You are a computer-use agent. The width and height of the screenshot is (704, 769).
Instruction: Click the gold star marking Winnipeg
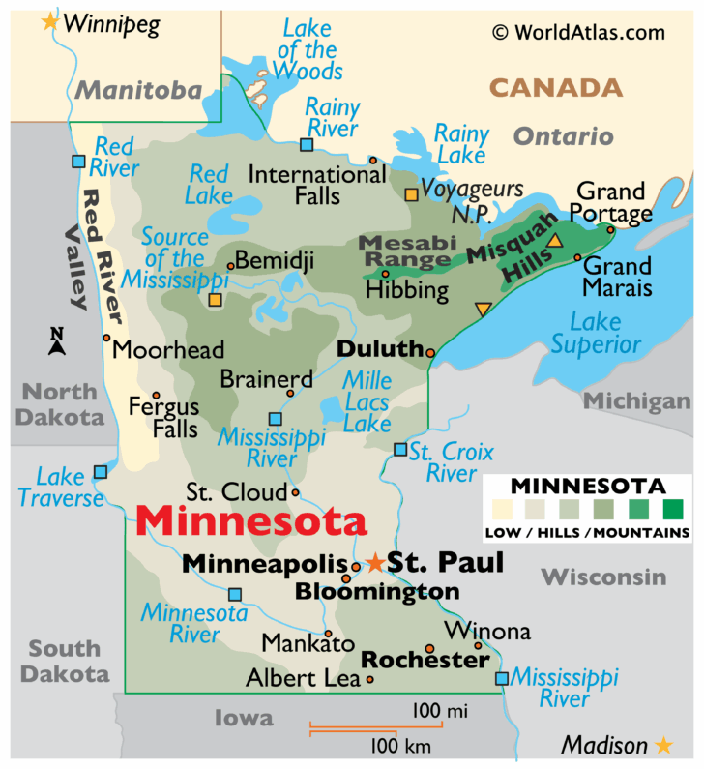50,21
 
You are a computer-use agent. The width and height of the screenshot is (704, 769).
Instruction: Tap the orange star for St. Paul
375,562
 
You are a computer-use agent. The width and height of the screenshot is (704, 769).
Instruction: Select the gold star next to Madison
663,745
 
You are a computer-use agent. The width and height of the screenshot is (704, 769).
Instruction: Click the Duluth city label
380,349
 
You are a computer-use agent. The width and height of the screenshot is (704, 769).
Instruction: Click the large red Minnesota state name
251,521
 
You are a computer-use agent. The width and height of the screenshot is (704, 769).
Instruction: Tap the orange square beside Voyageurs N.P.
411,194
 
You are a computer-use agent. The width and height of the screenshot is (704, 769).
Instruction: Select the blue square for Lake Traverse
100,472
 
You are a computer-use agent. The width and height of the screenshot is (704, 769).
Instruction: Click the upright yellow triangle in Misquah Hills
555,241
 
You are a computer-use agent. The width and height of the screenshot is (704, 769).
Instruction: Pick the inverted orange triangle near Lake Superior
483,309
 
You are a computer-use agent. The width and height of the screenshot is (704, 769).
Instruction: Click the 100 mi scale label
440,712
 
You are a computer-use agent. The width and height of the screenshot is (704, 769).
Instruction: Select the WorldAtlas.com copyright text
579,32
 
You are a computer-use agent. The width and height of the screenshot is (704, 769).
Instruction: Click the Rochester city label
425,660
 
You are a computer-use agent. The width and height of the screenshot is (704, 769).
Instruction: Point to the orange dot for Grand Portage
610,229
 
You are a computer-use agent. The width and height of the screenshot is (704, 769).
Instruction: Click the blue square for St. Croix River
400,449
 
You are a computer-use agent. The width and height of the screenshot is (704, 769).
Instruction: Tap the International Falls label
304,185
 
